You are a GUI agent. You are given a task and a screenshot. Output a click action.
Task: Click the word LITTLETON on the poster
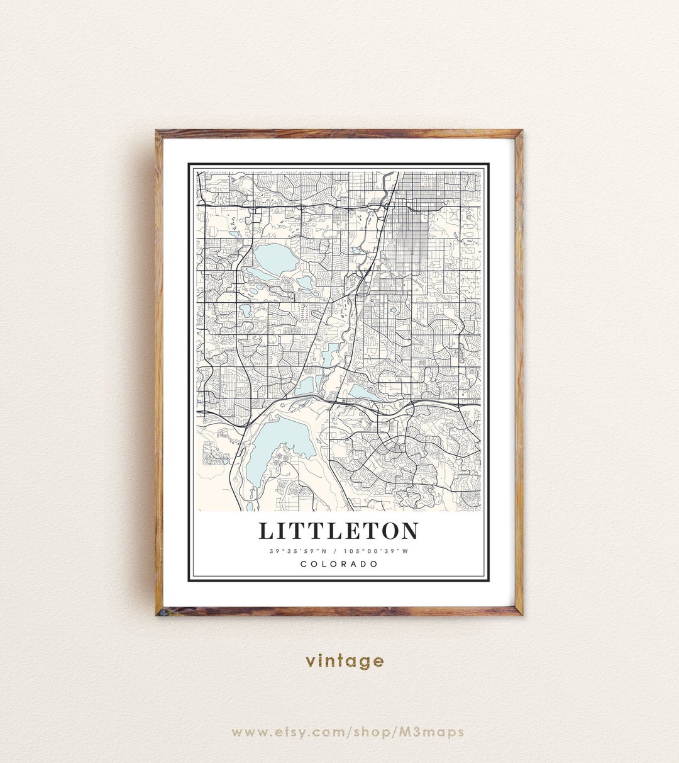coord(338,531)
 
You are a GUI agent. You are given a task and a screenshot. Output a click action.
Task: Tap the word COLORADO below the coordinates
coord(339,564)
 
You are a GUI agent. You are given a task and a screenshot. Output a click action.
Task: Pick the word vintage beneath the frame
coord(345,661)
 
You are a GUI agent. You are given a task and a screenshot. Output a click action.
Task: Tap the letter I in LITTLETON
coord(283,531)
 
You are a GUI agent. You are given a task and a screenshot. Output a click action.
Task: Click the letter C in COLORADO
coord(303,564)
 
